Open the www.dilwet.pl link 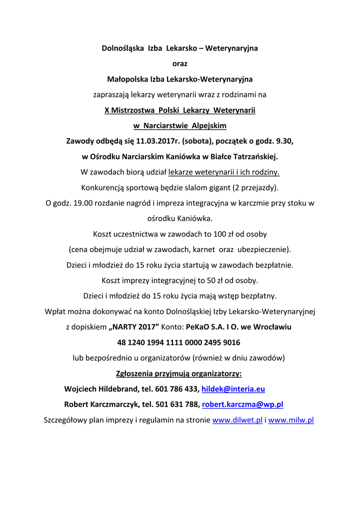pos(237,420)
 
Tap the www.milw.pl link pos(291,420)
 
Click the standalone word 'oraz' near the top pos(180,64)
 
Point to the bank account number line pos(179,342)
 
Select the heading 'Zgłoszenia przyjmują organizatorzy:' pos(179,373)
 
